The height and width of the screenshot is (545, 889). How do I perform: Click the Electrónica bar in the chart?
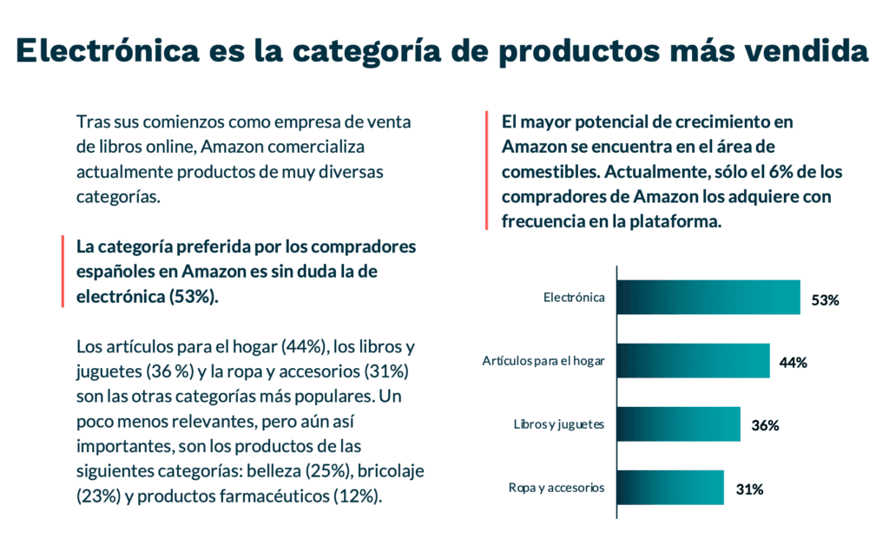coord(708,298)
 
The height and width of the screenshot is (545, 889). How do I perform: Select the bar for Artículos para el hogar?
coord(694,361)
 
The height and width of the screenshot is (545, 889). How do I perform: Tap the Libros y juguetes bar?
coord(679,424)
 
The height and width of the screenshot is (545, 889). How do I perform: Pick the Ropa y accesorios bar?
coord(670,488)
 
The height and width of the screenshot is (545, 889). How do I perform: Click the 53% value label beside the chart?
coord(825,300)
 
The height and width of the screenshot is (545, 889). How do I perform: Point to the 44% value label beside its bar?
coord(794,363)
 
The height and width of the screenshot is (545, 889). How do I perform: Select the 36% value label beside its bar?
coord(765,426)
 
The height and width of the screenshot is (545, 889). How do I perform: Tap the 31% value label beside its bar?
coord(749,489)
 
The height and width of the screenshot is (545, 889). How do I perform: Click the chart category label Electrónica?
coord(574,298)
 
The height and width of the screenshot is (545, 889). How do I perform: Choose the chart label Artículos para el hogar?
coord(543,361)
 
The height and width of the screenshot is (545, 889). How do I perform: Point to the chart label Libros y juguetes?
coord(559,424)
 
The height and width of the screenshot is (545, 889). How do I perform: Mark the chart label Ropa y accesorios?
coord(556,488)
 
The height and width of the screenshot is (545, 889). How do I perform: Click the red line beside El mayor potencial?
coord(486,172)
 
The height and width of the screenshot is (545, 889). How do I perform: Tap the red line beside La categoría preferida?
coord(63,271)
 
